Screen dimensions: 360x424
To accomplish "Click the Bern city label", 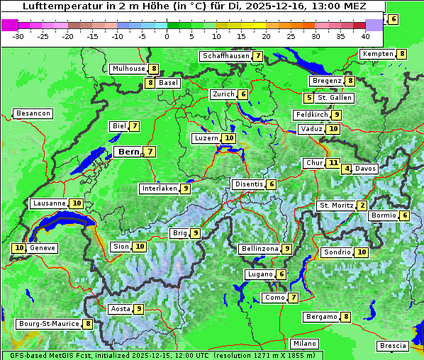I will coord(128,152).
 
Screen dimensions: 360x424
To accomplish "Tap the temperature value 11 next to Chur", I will coord(333,163).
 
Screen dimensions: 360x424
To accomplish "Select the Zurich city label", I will coord(223,94).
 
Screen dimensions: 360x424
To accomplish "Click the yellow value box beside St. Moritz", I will coord(362,206).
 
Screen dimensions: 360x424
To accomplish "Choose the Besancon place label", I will coord(33,113).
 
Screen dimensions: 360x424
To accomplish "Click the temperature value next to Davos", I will coord(347,169).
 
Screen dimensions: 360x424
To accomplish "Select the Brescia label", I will coord(393,346).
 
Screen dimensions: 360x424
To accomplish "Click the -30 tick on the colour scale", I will coord(18,35).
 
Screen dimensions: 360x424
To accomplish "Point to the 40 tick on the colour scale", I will coord(365,35).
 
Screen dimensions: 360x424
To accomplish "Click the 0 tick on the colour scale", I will coord(167,35).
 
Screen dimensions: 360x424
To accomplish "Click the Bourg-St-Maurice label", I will coord(48,324).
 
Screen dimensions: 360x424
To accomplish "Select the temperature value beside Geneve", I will coord(19,249).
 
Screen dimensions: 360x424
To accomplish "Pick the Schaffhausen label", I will coord(225,56).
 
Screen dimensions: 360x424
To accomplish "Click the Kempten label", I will coord(377,54).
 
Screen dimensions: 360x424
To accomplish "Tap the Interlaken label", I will coord(159,189).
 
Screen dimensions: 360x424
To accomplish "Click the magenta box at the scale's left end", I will coord(9,25).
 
